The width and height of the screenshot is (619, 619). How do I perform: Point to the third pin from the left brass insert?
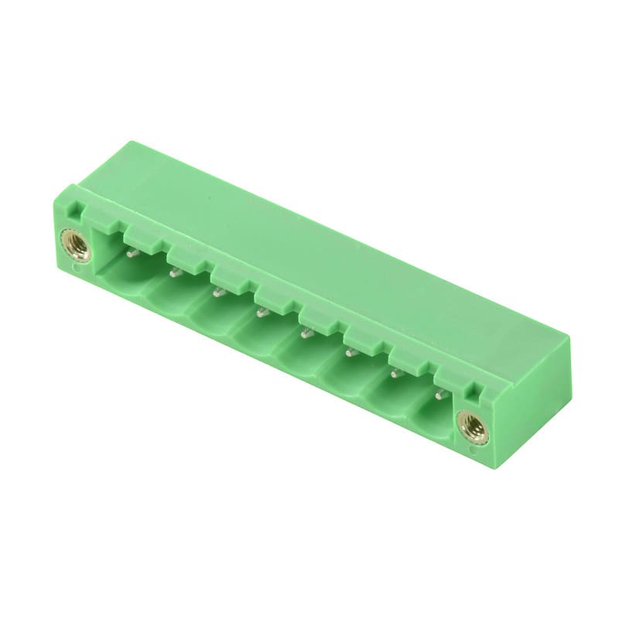(218, 292)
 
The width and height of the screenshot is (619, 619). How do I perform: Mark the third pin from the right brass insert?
(350, 352)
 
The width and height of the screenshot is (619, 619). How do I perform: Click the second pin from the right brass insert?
(395, 373)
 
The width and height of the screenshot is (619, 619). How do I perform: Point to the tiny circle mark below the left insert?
(74, 270)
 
